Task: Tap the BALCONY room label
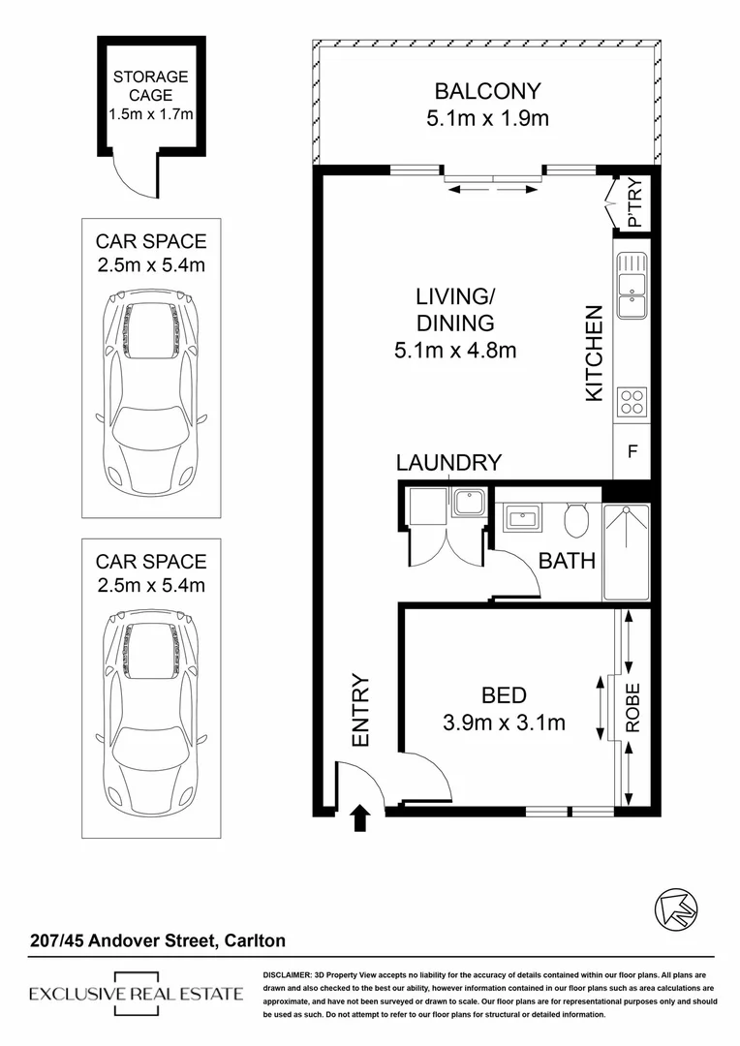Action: (x=487, y=93)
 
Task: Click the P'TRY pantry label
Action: (x=635, y=206)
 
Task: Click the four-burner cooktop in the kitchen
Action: (x=632, y=401)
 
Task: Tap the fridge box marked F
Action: (x=632, y=450)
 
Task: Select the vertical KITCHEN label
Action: (x=595, y=353)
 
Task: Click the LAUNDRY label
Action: (x=449, y=463)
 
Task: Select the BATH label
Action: (x=567, y=561)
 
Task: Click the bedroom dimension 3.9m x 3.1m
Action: (x=503, y=723)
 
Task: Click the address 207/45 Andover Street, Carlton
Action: (x=156, y=940)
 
